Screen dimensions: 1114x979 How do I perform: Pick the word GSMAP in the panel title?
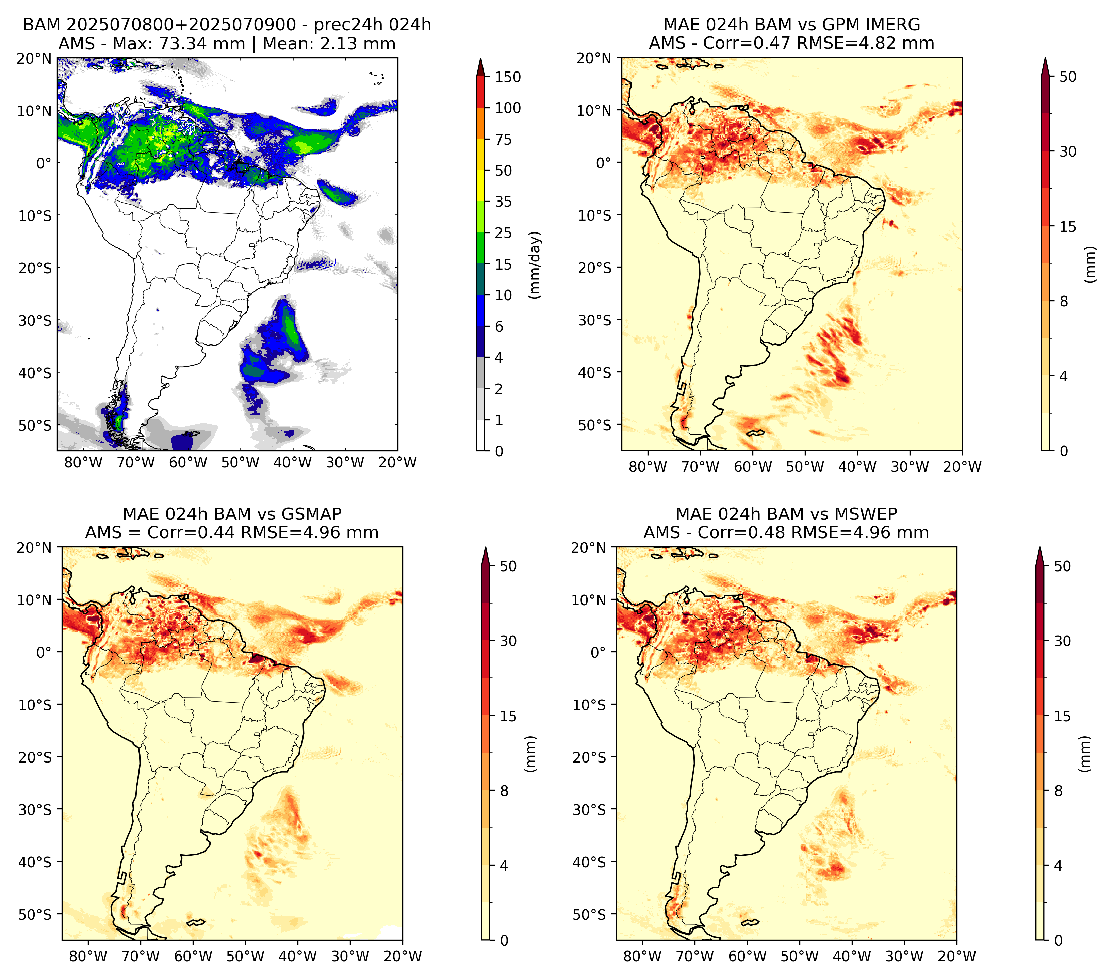311,514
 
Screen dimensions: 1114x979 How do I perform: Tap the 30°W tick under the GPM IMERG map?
910,467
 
